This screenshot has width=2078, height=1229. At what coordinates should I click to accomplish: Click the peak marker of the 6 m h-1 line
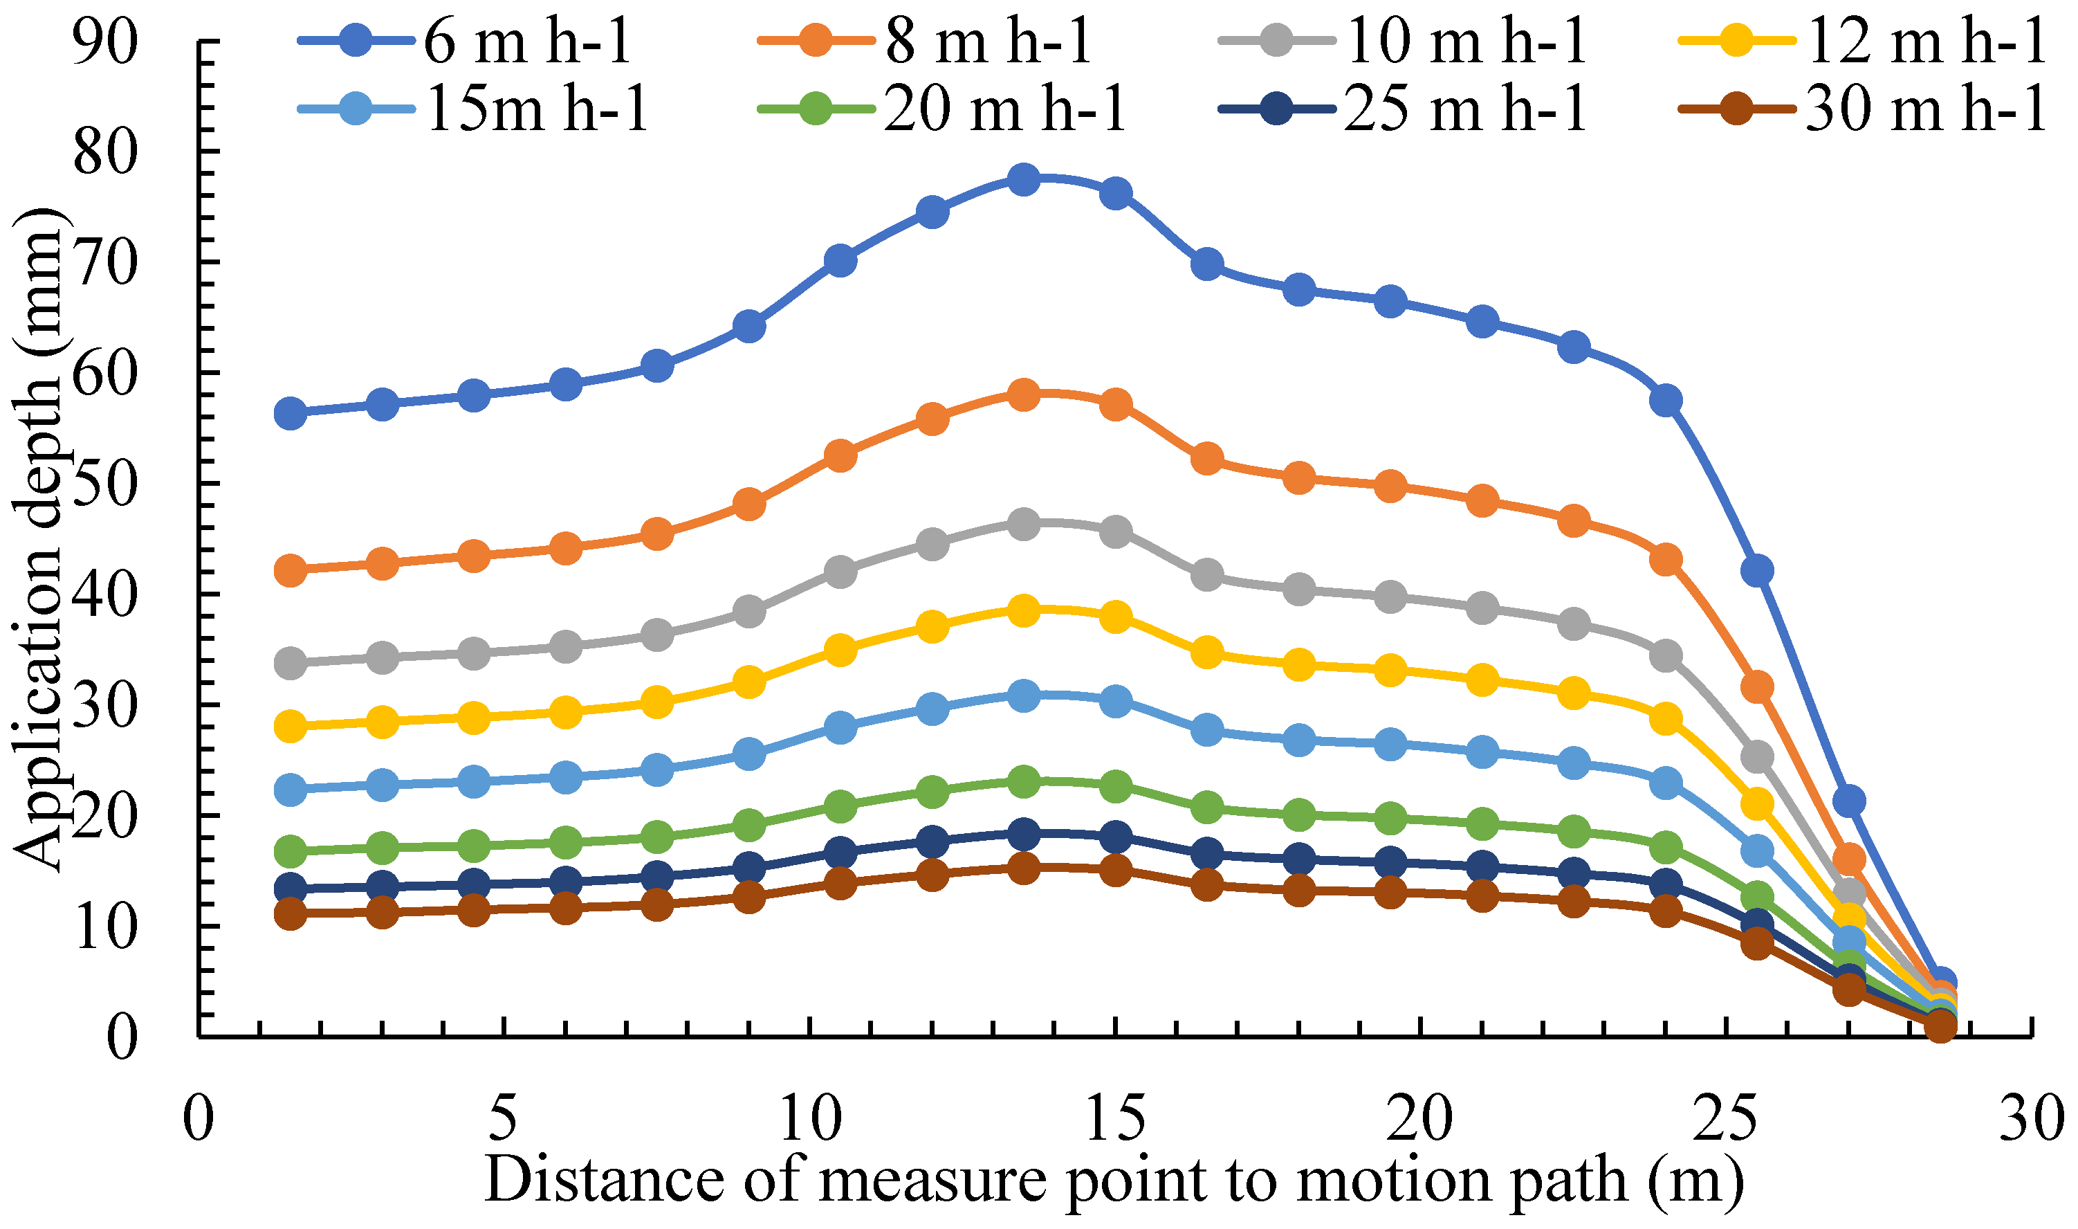coord(1024,180)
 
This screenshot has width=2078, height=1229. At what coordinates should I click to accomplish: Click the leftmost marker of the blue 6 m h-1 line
coord(291,412)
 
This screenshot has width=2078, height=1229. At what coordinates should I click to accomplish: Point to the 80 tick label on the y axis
coord(104,152)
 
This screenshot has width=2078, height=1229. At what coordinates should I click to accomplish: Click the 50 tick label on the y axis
coord(104,484)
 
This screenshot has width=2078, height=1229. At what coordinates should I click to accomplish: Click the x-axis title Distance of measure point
coord(1114,1179)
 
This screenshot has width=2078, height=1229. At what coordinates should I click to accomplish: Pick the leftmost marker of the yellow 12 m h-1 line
coord(291,727)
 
